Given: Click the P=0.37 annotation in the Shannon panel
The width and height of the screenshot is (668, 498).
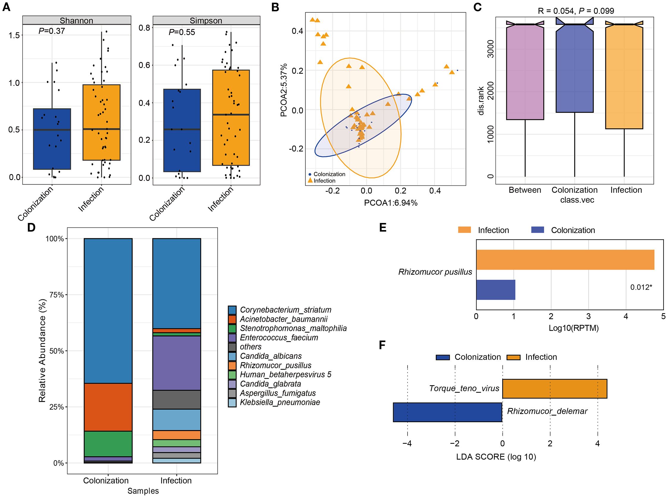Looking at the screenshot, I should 51,31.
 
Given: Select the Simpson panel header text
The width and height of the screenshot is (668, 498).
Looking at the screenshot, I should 206,21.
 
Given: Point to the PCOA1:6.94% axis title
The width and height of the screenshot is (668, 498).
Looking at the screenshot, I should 390,203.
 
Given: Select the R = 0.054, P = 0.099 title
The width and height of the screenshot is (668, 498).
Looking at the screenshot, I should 576,11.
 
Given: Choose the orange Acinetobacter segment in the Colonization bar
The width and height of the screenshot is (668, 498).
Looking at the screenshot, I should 108,407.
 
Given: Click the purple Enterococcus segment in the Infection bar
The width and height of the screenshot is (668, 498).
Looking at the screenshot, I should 176,363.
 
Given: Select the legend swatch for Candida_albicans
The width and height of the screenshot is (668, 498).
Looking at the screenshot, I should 232,356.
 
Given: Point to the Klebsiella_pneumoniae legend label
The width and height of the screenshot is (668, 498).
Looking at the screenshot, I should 280,402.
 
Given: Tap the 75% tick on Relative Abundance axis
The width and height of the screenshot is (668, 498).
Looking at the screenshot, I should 56,295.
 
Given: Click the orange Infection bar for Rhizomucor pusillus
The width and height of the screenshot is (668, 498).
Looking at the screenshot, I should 565,260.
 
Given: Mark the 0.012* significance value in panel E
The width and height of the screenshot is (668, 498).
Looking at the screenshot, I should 641,287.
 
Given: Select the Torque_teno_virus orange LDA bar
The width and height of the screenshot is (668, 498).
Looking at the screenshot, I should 554,388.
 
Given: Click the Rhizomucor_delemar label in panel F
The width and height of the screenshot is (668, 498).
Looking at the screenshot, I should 547,411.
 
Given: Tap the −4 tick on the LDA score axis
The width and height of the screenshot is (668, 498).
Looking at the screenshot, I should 407,444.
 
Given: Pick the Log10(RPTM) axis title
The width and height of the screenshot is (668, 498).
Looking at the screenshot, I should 573,328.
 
